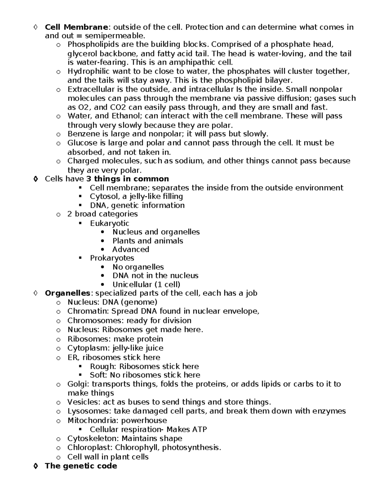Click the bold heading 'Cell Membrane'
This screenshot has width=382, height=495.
click(76, 27)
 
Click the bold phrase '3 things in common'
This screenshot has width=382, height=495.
click(128, 179)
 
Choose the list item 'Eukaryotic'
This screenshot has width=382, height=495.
click(110, 223)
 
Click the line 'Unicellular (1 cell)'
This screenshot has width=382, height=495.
click(146, 284)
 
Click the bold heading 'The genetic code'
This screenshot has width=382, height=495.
click(81, 466)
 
